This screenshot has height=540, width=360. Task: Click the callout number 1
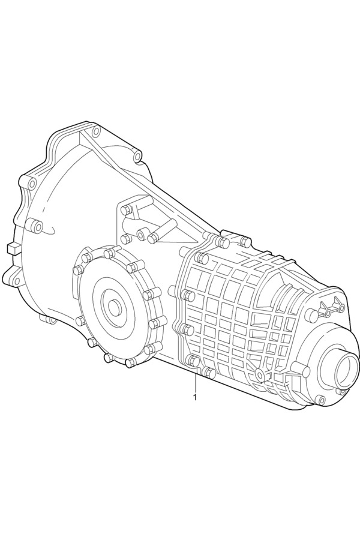196,397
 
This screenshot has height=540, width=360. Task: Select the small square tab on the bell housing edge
13,248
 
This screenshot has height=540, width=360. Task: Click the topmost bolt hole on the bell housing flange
96,130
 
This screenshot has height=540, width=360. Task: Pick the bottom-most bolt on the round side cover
131,362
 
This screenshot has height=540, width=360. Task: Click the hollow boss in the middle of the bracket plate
142,233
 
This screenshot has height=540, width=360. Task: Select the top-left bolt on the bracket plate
127,209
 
